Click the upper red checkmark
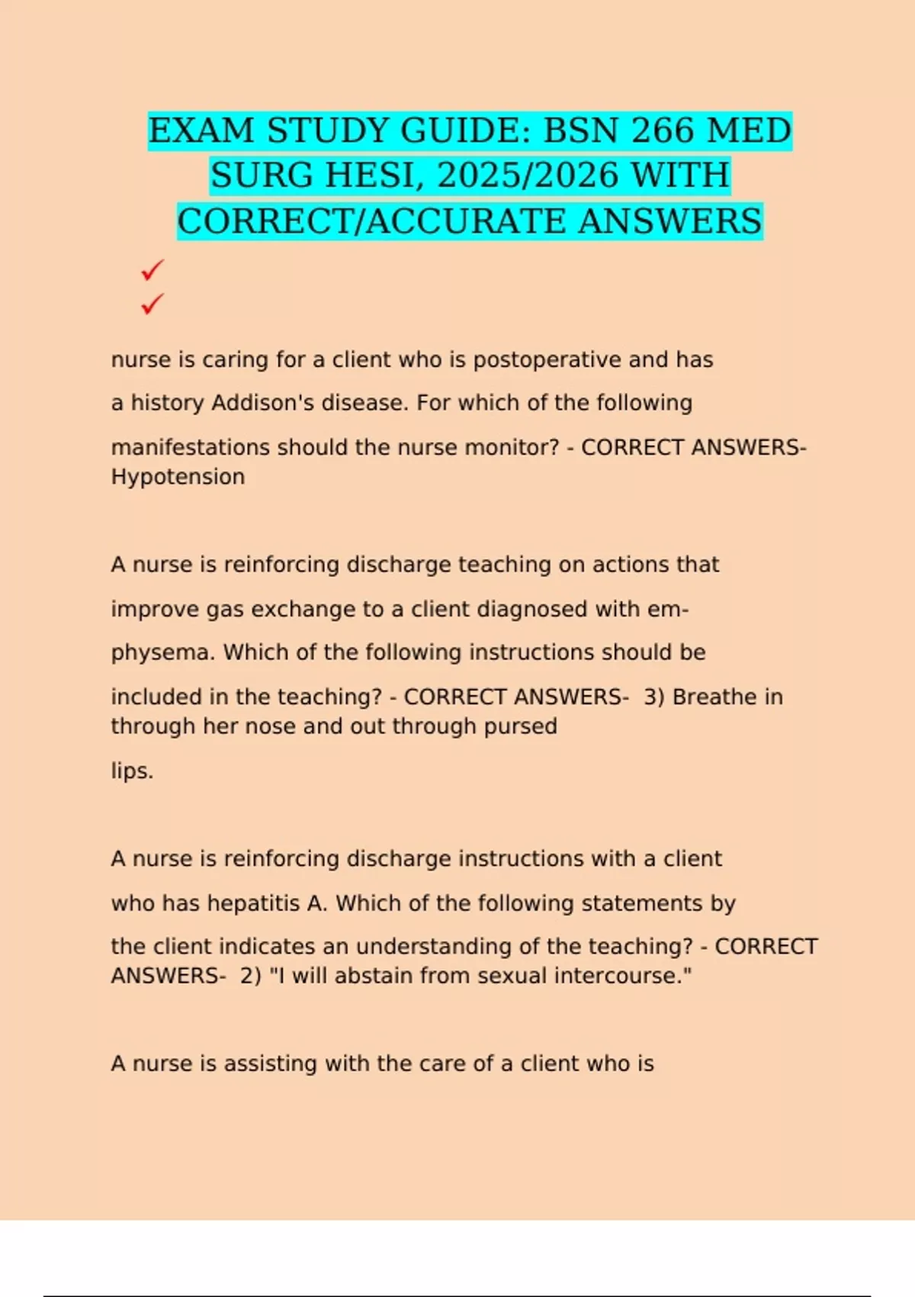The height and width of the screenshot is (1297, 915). pyautogui.click(x=152, y=270)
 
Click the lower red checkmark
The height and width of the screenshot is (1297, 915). pyautogui.click(x=152, y=304)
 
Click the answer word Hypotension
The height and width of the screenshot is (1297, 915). pyautogui.click(x=178, y=477)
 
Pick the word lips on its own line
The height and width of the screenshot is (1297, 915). pyautogui.click(x=131, y=771)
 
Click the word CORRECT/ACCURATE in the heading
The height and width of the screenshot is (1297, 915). pyautogui.click(x=373, y=221)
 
